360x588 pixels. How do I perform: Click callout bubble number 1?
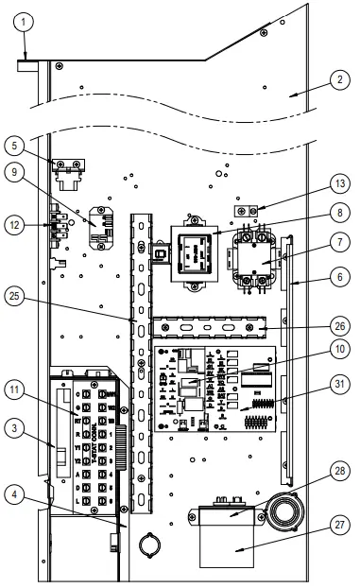(26, 21)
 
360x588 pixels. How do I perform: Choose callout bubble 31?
(336, 383)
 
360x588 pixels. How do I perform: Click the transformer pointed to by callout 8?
(196, 252)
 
